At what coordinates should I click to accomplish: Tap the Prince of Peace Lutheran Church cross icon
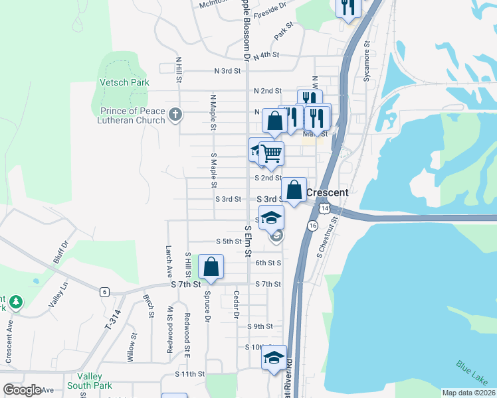[175, 115]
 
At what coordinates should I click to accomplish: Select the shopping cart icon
[271, 154]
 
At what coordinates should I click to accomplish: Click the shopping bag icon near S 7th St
[211, 267]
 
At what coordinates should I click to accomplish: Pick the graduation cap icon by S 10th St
[273, 358]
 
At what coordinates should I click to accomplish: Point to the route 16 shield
[312, 226]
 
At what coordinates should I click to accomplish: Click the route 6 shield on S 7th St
[104, 291]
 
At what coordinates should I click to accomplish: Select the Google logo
[22, 390]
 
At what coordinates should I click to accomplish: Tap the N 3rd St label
[227, 71]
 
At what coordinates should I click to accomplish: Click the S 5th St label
[229, 241]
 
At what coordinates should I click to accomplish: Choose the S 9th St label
[259, 326]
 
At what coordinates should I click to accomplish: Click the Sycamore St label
[366, 62]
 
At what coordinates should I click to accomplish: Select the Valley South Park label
[91, 380]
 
